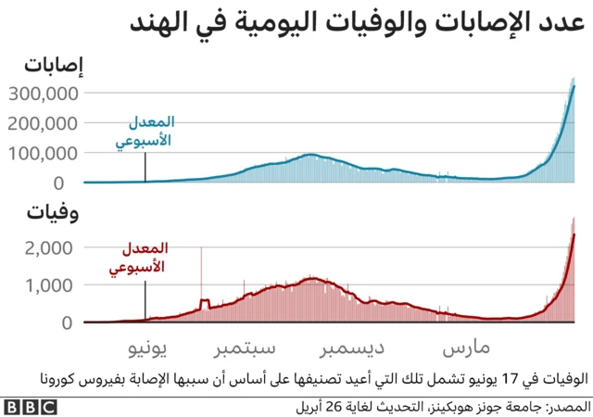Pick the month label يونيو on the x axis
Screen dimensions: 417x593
[145, 348]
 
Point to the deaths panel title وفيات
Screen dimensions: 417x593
[52, 215]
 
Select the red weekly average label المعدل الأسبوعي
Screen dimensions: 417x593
[145, 259]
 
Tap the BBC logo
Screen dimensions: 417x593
[30, 406]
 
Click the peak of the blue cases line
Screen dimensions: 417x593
[574, 86]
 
